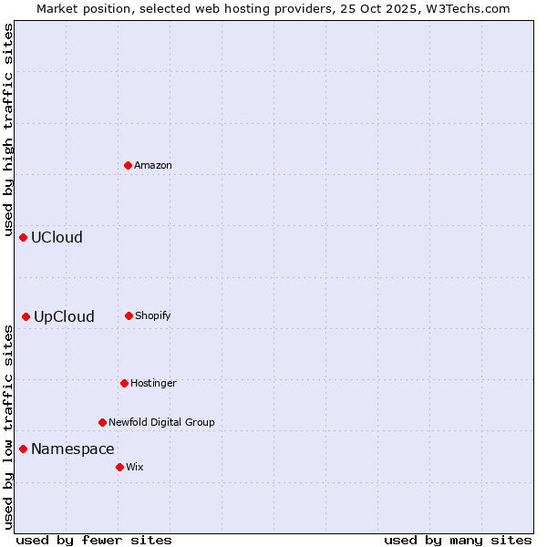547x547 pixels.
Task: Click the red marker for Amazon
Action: tap(128, 165)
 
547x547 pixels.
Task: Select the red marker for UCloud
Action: tap(24, 237)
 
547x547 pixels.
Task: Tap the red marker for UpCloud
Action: tap(26, 316)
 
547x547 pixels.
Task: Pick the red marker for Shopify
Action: tap(129, 315)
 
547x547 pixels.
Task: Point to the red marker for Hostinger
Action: tap(124, 383)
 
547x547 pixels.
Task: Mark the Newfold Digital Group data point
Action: tap(102, 422)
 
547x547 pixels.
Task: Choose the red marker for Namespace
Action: tap(24, 449)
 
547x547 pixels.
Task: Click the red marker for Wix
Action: tap(119, 467)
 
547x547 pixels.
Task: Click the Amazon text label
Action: tap(153, 165)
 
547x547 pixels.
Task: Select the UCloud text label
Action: tap(57, 237)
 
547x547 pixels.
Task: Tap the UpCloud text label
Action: tap(64, 316)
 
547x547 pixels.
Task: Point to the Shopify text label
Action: tap(153, 315)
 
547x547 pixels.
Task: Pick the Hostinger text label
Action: tap(153, 383)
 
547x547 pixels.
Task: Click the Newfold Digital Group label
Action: tap(161, 422)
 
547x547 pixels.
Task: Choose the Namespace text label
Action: tap(73, 449)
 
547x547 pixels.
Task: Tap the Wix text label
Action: tap(135, 467)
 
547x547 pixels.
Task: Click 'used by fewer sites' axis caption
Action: tap(94, 540)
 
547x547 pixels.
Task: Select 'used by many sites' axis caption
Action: tap(458, 540)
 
